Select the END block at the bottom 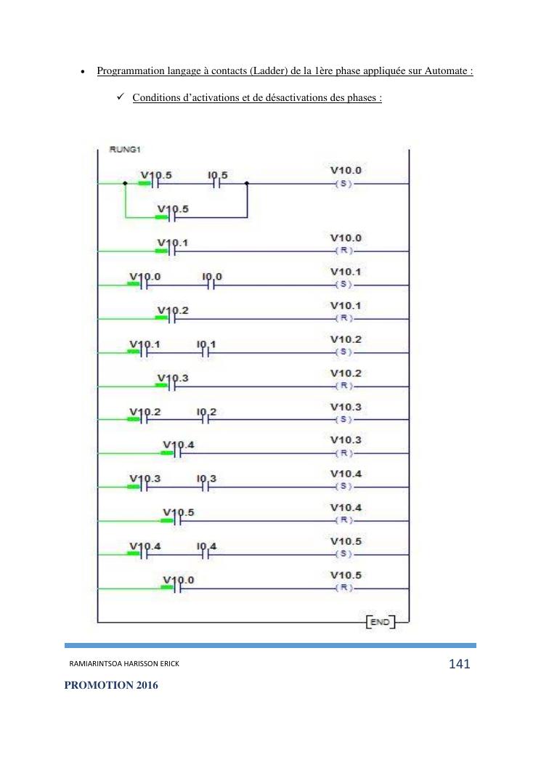(380, 623)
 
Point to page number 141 (460, 664)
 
